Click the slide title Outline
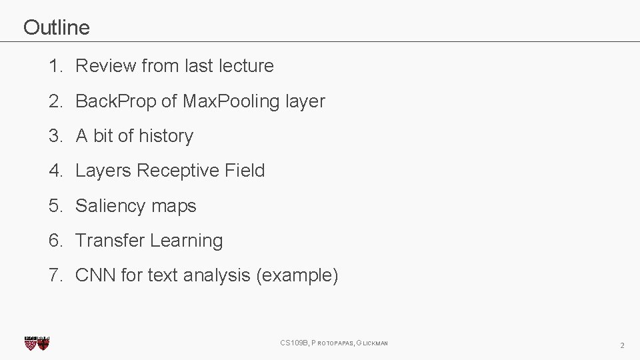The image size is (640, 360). pos(56,27)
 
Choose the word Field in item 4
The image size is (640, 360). pos(245,171)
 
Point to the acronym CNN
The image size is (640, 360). pos(95,275)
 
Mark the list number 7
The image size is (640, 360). pos(55,275)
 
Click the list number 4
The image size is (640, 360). pos(55,171)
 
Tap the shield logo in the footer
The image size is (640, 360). pos(37,343)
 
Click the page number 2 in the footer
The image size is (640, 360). pos(622,345)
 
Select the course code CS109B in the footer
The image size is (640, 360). pos(294,343)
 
